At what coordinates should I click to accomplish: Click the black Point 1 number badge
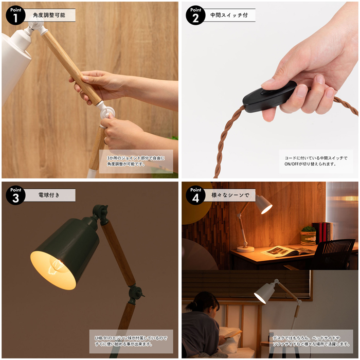(x=15, y=15)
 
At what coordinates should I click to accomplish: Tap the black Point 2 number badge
(x=195, y=15)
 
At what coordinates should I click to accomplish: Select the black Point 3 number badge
(x=15, y=195)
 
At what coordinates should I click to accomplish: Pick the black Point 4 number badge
(x=195, y=195)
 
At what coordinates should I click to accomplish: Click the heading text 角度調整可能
(x=49, y=15)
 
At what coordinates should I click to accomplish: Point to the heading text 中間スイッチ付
(x=229, y=15)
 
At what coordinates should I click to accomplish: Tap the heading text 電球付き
(x=49, y=195)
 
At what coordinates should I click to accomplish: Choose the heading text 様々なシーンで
(x=230, y=195)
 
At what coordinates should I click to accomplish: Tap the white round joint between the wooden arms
(x=106, y=112)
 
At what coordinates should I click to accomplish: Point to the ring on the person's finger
(x=105, y=141)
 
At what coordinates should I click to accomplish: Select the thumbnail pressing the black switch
(x=268, y=82)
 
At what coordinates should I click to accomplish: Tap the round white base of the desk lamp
(x=245, y=249)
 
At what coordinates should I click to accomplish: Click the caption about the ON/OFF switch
(x=316, y=161)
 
